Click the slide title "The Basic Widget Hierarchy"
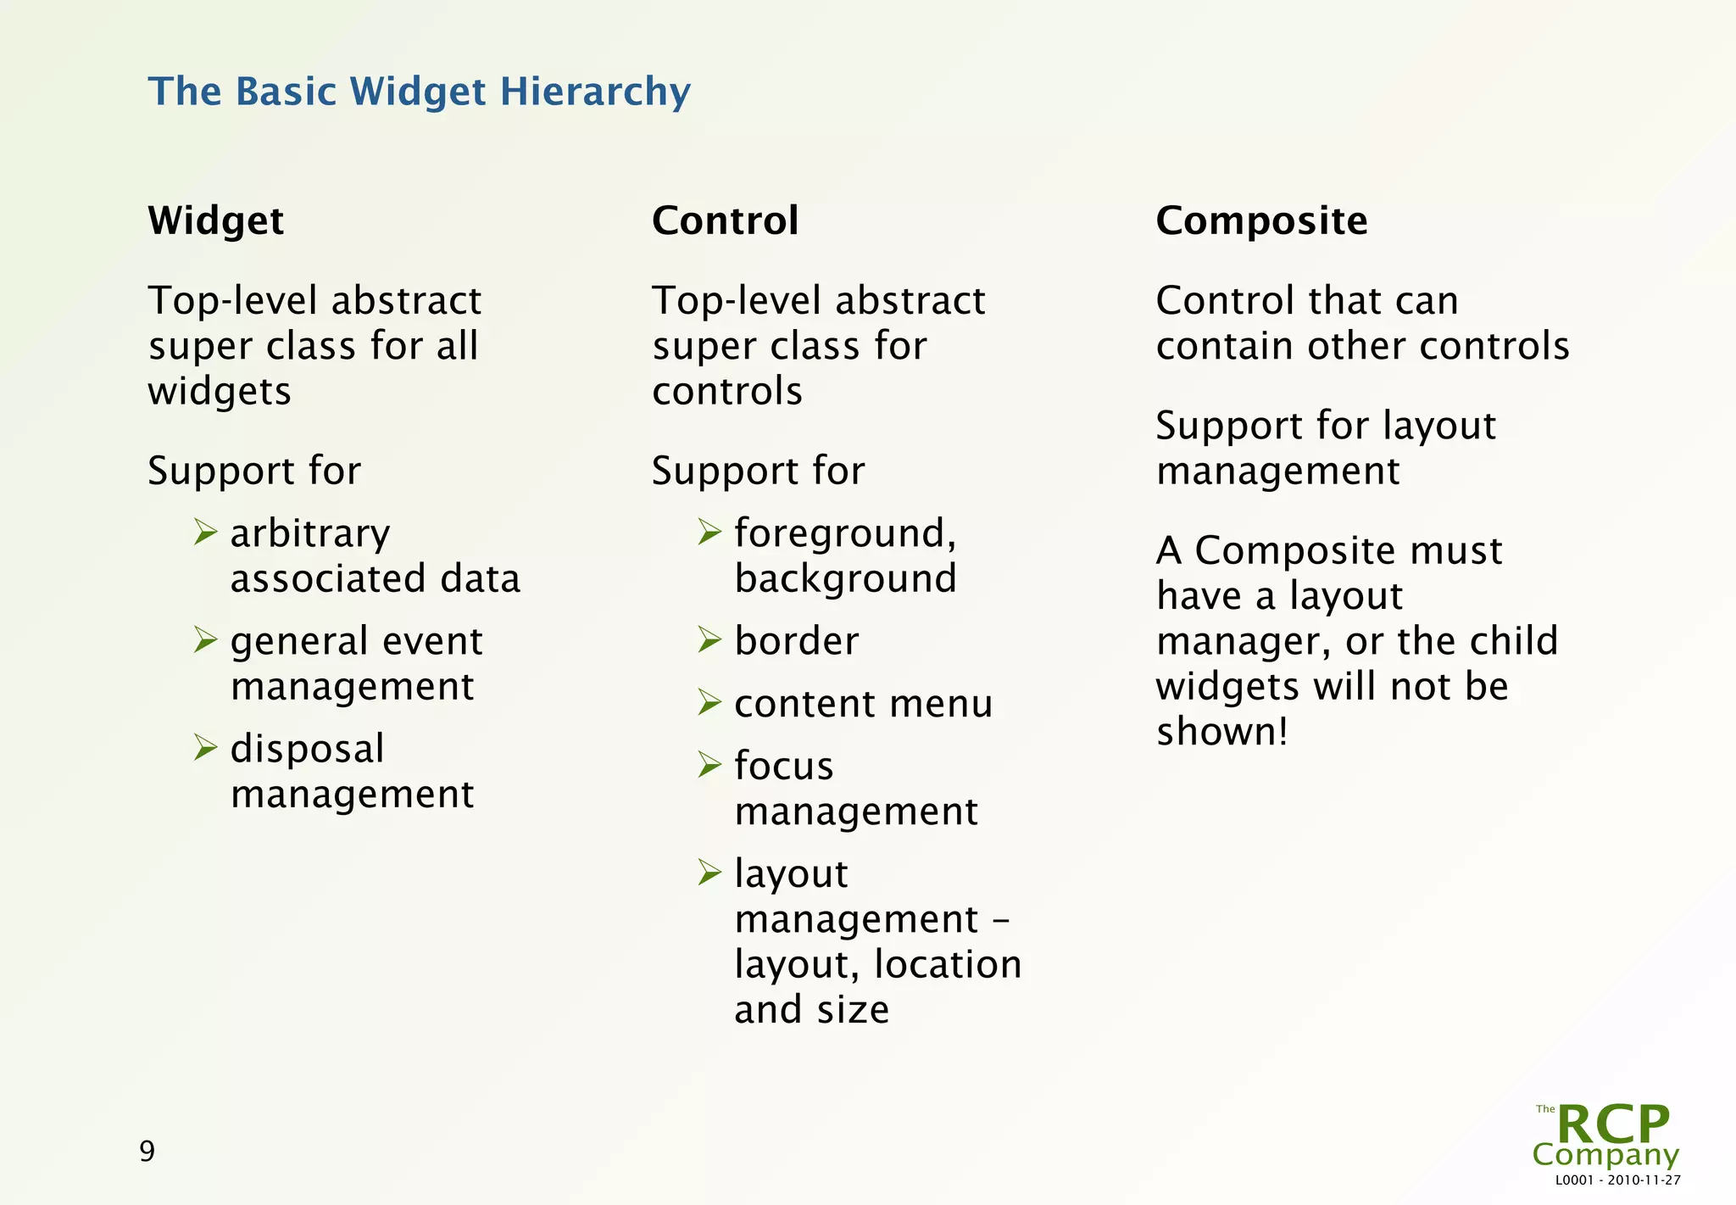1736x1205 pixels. (420, 92)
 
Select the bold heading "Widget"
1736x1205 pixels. (215, 221)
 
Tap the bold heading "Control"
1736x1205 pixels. (725, 221)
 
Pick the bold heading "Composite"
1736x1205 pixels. (1261, 221)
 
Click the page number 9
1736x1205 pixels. (147, 1151)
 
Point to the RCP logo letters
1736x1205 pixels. (1612, 1124)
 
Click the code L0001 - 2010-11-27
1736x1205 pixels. (1617, 1180)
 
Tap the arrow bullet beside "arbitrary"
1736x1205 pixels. (205, 533)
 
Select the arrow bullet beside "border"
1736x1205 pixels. (709, 639)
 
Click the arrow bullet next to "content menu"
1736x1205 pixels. (709, 702)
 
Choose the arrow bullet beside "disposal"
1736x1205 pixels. (205, 747)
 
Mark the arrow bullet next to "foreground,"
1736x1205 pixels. (709, 533)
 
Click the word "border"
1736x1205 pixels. (796, 641)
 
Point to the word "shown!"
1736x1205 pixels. (1221, 732)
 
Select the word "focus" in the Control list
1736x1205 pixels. (783, 766)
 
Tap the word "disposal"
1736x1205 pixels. (307, 750)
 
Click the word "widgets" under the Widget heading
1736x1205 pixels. (220, 392)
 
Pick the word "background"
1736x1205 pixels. (845, 579)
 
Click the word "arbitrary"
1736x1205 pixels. (309, 534)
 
